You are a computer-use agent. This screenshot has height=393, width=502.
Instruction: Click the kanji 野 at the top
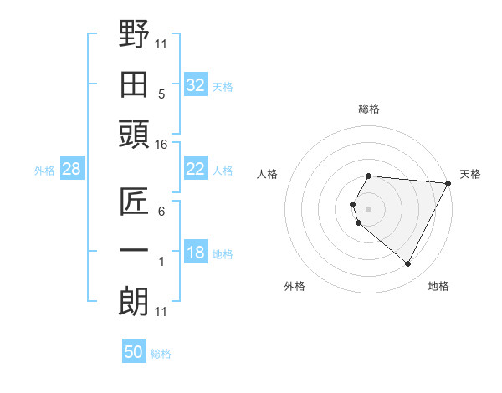coord(134,34)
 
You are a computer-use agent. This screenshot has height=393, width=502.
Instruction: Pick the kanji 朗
coord(134,299)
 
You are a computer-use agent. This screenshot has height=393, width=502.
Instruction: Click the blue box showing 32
coord(195,85)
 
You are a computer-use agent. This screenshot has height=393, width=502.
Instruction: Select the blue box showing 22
coord(195,169)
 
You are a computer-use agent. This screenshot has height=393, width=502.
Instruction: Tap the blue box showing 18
coord(195,253)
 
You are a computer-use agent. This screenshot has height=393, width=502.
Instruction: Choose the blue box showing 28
coord(72,170)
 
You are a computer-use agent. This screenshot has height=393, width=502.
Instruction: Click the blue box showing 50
coord(134,352)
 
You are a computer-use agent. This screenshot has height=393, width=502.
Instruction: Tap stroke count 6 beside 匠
coord(161,212)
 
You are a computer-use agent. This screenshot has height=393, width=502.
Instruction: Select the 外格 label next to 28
coord(44,171)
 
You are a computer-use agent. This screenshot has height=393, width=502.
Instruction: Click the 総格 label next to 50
coord(161,354)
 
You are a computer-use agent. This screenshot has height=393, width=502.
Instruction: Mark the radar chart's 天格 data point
coord(448,183)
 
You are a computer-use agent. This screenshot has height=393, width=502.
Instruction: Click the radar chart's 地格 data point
coord(408,264)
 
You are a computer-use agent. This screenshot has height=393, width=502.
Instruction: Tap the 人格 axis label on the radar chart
coord(268,174)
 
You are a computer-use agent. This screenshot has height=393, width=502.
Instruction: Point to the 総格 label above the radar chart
coord(369,109)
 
